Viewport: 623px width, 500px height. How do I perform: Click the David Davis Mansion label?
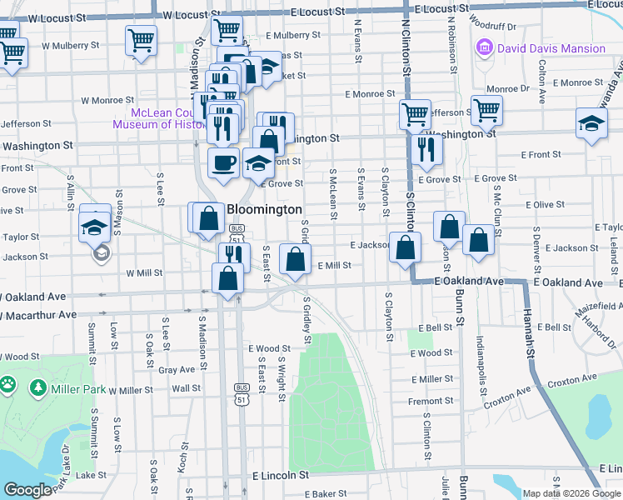coord(551,48)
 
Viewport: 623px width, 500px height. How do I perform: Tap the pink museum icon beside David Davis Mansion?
coord(484,48)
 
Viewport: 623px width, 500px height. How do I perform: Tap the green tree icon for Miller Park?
coord(37,387)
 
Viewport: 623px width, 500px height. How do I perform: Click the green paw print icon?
coord(7,385)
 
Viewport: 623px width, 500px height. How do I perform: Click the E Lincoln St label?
coord(280,474)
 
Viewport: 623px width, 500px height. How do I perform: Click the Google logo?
coord(27,489)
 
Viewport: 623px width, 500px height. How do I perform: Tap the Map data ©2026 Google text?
coord(571,493)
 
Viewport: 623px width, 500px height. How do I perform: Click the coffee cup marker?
coord(223,162)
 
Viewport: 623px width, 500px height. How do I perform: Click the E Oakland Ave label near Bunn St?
coord(470,282)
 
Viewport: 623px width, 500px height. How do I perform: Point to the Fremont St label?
coord(431,401)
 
